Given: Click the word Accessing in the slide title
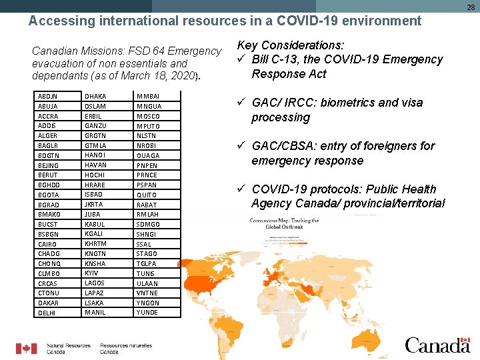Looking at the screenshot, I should tap(57, 21).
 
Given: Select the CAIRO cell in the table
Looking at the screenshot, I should tap(49, 244).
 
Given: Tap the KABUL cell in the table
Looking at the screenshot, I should tap(94, 224).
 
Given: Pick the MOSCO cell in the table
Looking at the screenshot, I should tap(148, 116).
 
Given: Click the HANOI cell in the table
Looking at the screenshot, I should tap(95, 155).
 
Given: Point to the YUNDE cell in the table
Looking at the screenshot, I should tap(147, 313).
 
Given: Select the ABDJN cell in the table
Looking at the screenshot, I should tap(49, 97).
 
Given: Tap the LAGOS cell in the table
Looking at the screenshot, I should tap(95, 283).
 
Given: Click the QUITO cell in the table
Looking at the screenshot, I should tap(147, 195).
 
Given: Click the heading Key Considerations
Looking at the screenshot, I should tap(291, 45).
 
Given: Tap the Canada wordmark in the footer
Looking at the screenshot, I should tap(437, 345).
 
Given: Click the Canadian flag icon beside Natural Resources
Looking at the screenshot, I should tap(27, 348).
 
